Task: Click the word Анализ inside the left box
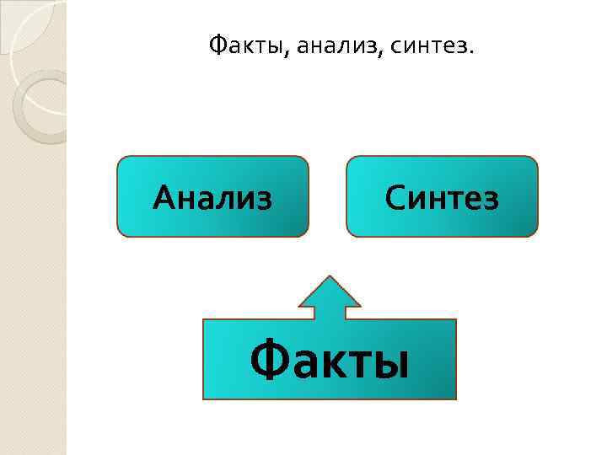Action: coord(212,199)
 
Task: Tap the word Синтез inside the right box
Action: coord(442,199)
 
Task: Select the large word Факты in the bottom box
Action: coord(330,361)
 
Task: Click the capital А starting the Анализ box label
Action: coord(164,199)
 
